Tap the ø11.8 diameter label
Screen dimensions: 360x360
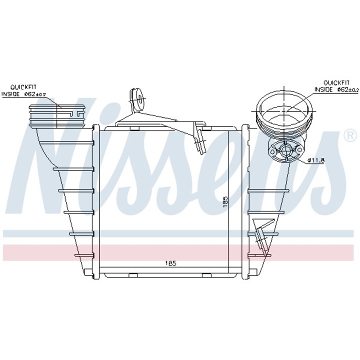pos(316,160)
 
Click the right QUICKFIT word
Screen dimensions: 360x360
pos(336,82)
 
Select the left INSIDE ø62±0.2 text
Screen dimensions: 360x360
pos(24,94)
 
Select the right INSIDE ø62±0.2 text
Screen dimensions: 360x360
pos(336,89)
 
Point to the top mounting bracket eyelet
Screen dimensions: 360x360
pos(138,98)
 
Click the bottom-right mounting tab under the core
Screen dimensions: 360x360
pos(206,274)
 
